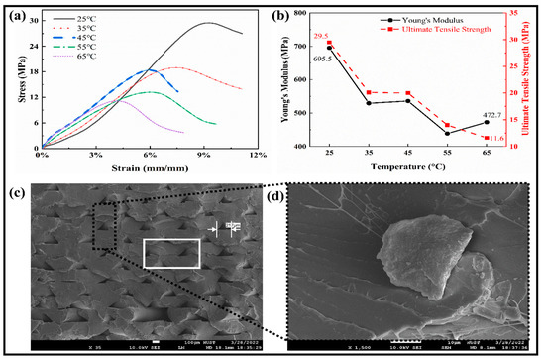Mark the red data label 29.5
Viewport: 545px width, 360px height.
(321, 36)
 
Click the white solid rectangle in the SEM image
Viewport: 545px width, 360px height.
(176, 253)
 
